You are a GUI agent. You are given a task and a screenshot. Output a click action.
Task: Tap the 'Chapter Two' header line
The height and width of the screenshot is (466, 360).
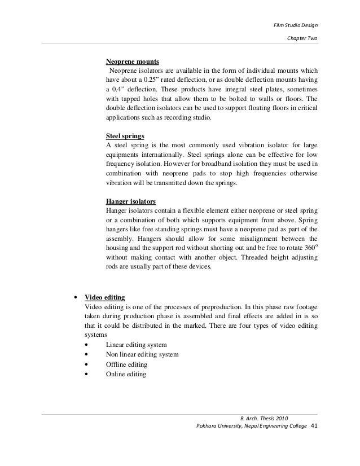click(302, 39)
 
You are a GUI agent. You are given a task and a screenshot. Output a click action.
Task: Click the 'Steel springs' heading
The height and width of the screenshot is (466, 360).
click(125, 137)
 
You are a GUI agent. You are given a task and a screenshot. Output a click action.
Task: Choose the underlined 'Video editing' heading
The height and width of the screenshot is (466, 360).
click(104, 297)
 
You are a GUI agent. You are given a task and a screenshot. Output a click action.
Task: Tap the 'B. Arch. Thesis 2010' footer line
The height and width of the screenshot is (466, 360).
click(264, 417)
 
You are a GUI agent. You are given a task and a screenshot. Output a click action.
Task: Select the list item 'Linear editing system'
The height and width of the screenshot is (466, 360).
click(136, 345)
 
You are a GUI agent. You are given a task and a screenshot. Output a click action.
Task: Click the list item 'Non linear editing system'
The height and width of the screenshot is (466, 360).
click(142, 354)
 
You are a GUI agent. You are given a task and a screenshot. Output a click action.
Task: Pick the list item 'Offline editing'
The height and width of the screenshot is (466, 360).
click(127, 364)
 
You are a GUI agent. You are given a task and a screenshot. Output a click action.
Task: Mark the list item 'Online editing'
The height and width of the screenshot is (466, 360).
click(126, 374)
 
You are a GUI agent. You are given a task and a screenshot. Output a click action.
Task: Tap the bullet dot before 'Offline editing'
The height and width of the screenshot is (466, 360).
click(85, 364)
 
